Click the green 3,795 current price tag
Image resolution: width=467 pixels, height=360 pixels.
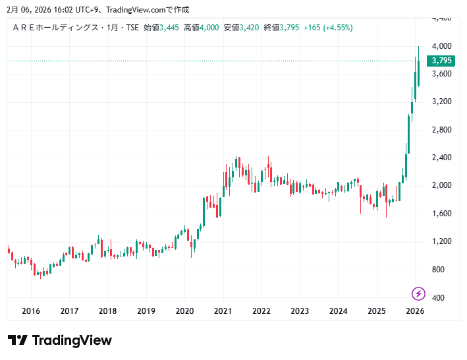441,61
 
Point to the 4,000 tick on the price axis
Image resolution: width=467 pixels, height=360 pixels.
441,46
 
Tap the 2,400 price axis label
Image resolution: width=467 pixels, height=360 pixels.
441,158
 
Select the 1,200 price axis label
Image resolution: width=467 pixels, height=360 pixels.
441,241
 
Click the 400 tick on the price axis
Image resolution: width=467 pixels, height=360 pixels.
439,297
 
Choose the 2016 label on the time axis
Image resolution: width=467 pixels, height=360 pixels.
31,311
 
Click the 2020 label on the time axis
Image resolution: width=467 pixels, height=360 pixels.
184,311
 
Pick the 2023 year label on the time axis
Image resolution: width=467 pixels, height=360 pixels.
300,311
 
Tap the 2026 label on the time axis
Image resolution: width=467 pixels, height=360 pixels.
415,311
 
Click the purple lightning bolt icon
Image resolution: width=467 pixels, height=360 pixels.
418,293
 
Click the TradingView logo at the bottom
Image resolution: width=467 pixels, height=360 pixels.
60,340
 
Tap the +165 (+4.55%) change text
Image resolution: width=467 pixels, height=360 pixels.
328,28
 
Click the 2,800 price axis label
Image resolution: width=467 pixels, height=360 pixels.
441,130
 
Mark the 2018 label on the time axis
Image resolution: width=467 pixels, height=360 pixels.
108,311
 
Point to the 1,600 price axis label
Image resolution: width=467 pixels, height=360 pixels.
441,214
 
